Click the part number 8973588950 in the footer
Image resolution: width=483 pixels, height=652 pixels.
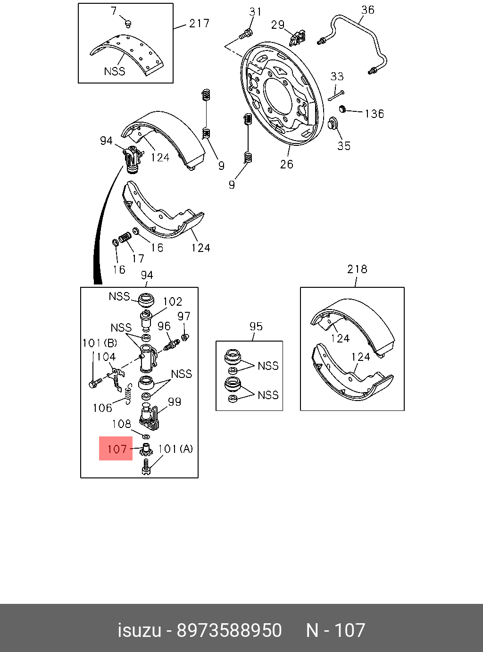click(x=229, y=630)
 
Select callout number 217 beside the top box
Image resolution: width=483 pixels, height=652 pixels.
click(x=199, y=23)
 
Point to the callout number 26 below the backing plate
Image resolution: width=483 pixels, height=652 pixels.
click(x=286, y=164)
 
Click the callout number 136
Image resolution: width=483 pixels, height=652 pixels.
click(x=374, y=114)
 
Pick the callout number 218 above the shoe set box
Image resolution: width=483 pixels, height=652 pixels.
click(x=357, y=269)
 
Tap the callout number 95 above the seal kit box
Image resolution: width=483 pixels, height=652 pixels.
click(x=256, y=326)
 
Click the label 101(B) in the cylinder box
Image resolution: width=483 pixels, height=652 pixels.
click(x=100, y=343)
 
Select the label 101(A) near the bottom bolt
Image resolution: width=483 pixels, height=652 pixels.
click(x=175, y=449)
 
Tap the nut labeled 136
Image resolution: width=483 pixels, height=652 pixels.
click(x=343, y=109)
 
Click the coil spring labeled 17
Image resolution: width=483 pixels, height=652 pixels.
click(x=125, y=237)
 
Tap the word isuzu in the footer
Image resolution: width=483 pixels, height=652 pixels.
click(x=139, y=630)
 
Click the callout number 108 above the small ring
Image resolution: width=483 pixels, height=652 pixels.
click(x=121, y=424)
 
